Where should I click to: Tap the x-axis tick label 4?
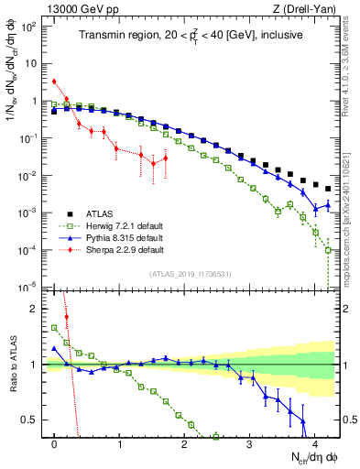point(313,443)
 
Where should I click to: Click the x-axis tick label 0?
point(55,443)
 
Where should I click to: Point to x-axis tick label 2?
point(184,443)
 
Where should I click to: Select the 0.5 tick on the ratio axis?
point(34,420)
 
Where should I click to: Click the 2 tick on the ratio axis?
point(38,309)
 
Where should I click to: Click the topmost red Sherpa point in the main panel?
point(55,82)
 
